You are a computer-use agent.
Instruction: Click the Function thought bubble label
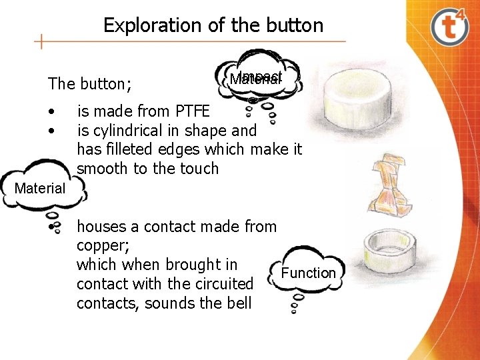pos(309,273)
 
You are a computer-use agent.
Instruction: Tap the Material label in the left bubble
pos(40,189)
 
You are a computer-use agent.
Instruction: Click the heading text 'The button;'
pos(89,84)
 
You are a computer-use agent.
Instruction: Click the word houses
pos(100,227)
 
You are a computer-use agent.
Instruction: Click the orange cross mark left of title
pos(42,42)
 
